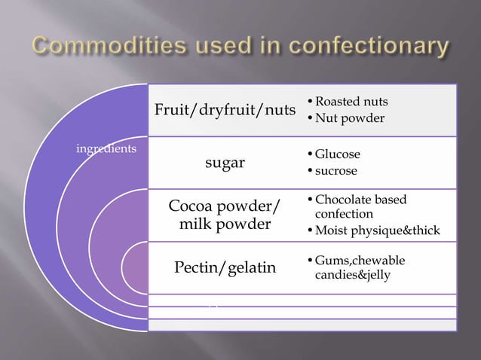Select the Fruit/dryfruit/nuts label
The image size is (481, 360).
(x=225, y=111)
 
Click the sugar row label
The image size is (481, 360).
(x=225, y=163)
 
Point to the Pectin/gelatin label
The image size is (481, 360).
(x=225, y=267)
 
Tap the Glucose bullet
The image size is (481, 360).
(x=337, y=154)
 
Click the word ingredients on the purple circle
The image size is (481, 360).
(x=106, y=148)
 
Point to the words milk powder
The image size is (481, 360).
(x=225, y=225)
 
